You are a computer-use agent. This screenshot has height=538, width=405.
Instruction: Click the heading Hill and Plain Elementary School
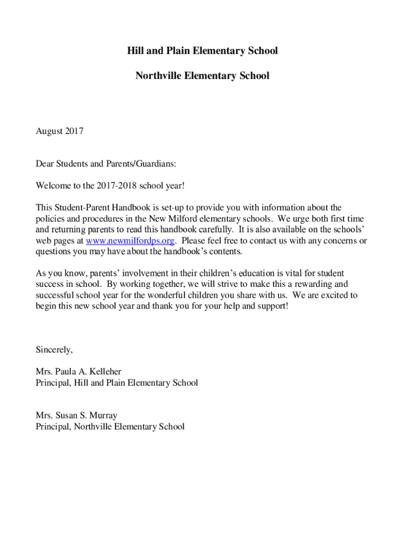[x=202, y=51]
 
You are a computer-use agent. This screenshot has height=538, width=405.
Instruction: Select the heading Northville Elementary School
[x=202, y=76]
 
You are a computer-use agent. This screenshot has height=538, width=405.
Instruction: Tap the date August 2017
[x=59, y=131]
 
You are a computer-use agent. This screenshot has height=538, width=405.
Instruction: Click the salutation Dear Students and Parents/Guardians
[x=106, y=164]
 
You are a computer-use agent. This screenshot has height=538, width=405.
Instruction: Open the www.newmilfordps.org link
[x=130, y=241]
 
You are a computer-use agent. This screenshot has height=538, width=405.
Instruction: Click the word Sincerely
[x=54, y=349]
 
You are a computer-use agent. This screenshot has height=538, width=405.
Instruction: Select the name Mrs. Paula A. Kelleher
[x=78, y=371]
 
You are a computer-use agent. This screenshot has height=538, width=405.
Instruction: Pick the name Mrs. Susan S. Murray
[x=76, y=416]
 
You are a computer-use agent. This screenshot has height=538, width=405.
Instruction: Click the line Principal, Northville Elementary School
[x=110, y=427]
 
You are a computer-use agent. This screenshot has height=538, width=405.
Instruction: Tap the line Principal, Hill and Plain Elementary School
[x=117, y=382]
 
